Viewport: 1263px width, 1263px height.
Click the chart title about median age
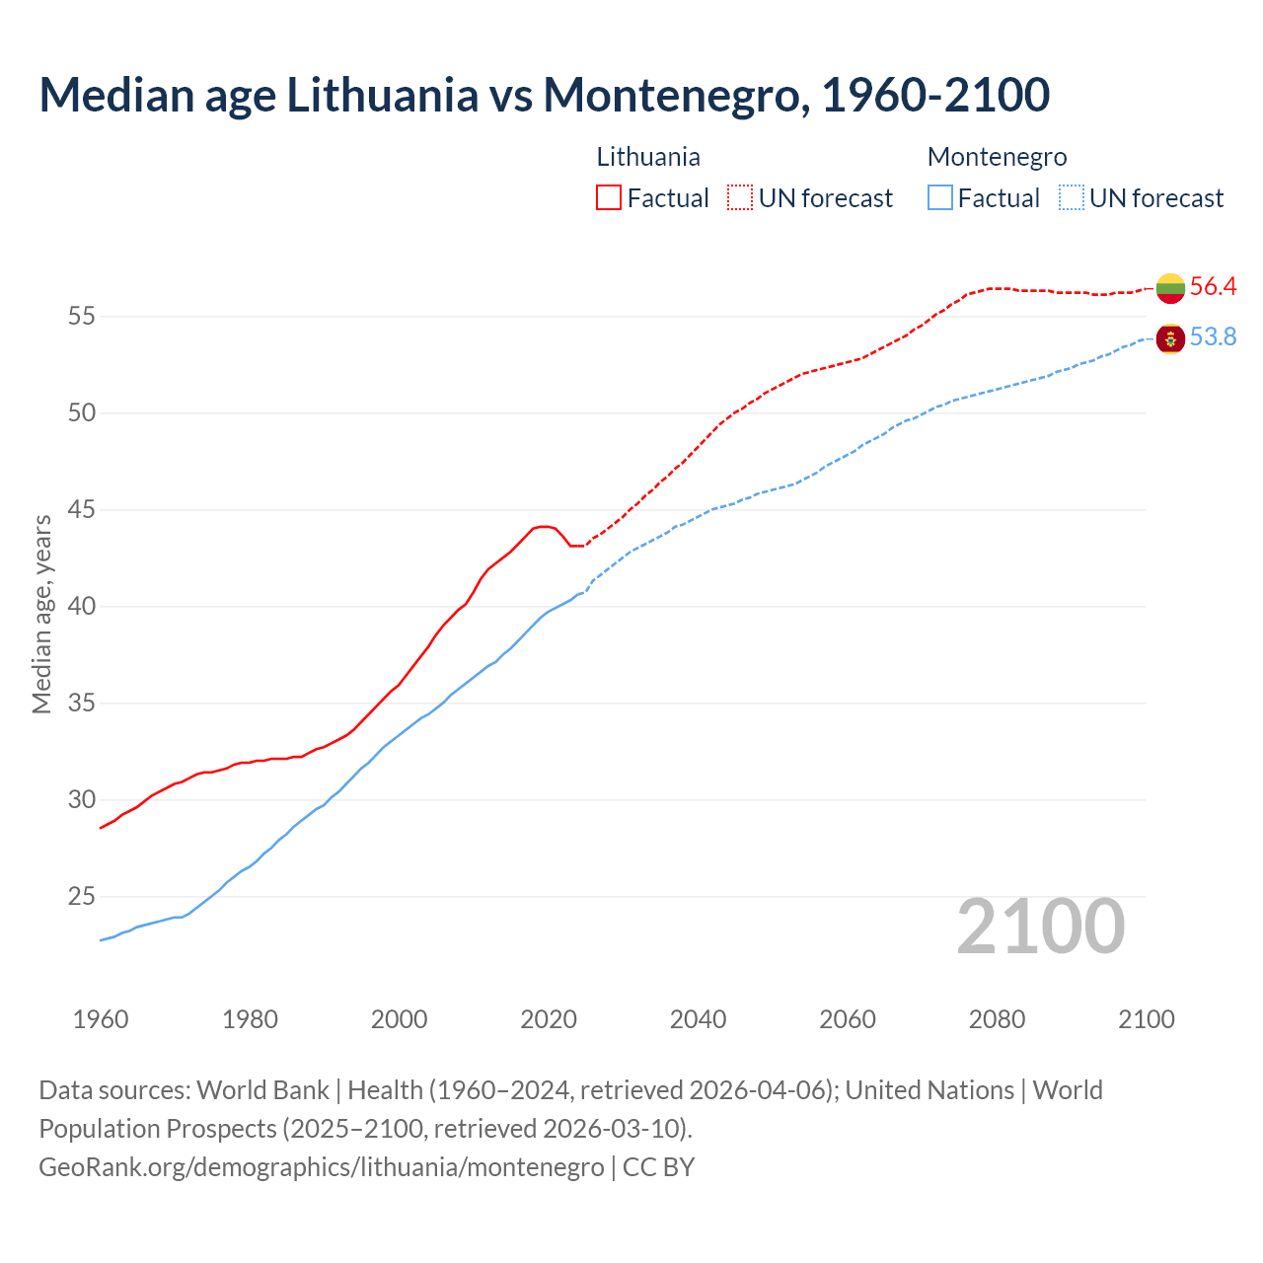click(544, 95)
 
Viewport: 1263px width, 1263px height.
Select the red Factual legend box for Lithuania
click(609, 197)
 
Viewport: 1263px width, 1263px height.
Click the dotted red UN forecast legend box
click(740, 197)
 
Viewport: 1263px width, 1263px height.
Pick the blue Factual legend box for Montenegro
click(940, 197)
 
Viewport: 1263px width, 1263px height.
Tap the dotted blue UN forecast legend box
click(1072, 197)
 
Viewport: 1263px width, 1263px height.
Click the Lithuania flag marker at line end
click(1170, 287)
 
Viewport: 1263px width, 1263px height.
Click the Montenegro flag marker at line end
click(1170, 338)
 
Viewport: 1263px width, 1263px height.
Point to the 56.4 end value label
click(1213, 287)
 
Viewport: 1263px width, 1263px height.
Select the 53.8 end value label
click(1213, 337)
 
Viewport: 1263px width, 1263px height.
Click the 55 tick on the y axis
click(82, 317)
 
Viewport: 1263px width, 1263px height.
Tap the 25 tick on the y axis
click(82, 897)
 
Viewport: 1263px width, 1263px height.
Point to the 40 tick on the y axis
click(82, 607)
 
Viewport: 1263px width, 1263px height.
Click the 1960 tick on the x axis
click(101, 1019)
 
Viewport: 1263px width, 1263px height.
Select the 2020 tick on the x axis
click(549, 1019)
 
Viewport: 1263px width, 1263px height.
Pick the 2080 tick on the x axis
click(997, 1019)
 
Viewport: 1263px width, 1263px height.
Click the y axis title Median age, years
click(41, 614)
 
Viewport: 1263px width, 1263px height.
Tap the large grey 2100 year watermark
click(1040, 927)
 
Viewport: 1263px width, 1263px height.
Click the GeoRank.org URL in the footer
click(321, 1167)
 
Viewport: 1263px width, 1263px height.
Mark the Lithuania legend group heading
click(648, 157)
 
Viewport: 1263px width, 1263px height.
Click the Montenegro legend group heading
click(997, 157)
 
